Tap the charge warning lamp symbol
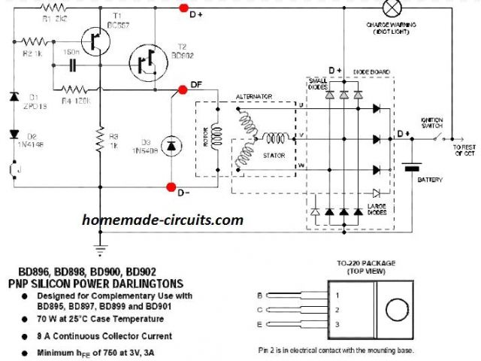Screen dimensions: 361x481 tap(391, 8)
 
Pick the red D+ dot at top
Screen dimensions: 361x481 tap(183, 8)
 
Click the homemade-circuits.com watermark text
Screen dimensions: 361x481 tap(163, 220)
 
